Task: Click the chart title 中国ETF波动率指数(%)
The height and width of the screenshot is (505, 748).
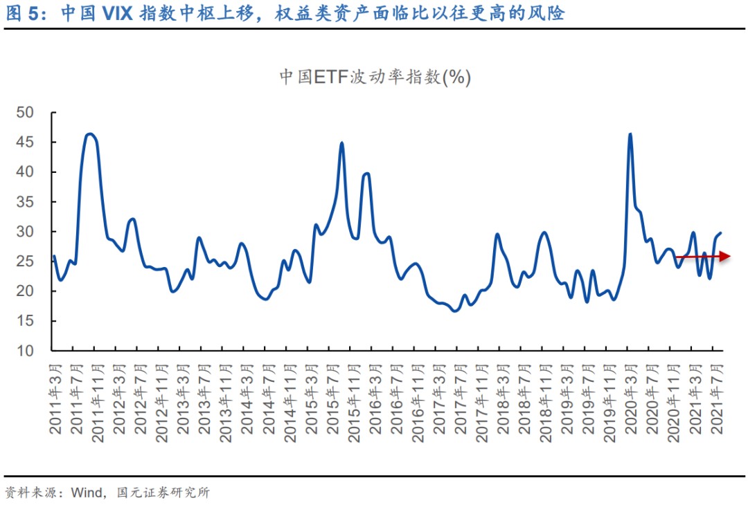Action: tap(375, 77)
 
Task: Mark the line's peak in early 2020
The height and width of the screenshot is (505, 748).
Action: tap(630, 134)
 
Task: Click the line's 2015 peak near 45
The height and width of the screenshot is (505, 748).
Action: tap(342, 143)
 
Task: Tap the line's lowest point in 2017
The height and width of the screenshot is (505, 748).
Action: tap(455, 311)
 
